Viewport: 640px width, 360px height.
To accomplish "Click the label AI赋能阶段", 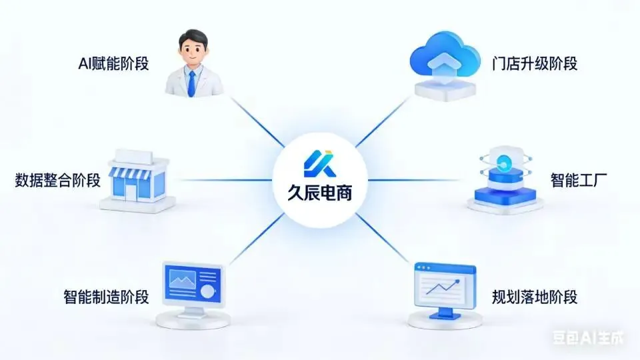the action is click(113, 65).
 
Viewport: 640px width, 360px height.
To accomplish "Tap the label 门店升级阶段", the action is click(534, 64).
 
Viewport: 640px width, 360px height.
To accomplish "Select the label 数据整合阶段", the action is click(57, 180).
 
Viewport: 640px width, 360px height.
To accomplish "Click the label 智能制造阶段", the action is click(106, 296).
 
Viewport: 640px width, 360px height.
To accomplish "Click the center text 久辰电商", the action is click(319, 195).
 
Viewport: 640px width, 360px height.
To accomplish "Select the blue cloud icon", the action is click(443, 57).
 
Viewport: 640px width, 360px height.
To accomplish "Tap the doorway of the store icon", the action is click(130, 191).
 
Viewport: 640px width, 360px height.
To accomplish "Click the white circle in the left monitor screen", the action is click(209, 291).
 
